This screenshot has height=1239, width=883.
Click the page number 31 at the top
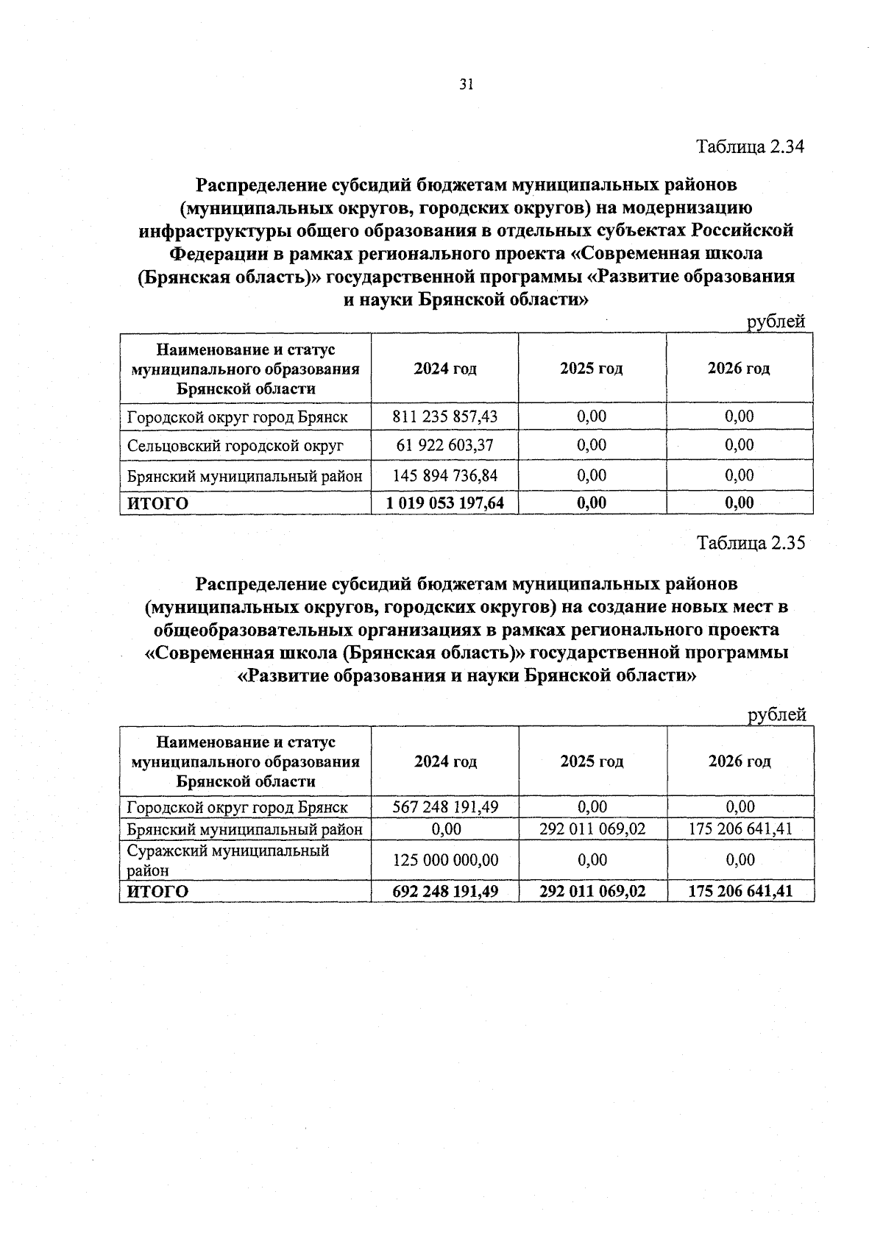point(465,84)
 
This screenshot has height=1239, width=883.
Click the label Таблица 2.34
point(751,146)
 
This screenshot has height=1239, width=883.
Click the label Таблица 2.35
point(751,543)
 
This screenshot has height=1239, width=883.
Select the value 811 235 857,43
point(445,416)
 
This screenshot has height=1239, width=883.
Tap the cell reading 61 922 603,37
point(445,445)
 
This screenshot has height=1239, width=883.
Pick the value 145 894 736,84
point(445,475)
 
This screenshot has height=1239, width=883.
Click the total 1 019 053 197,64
point(445,503)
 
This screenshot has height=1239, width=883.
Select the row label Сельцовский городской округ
point(235,446)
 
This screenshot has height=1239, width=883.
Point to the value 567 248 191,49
point(445,806)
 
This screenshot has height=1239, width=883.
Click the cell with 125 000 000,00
point(445,859)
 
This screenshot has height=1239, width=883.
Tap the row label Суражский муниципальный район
point(228,860)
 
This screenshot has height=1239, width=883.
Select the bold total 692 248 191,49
point(445,892)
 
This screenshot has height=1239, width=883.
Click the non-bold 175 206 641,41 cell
point(740,829)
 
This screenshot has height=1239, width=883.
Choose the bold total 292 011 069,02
point(592,892)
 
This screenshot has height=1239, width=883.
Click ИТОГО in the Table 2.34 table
point(157,503)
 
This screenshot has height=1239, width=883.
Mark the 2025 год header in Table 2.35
point(592,761)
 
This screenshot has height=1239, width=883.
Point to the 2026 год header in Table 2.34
point(739,368)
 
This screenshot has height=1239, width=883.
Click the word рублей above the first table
point(776,322)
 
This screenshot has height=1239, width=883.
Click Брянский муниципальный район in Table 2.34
point(244,476)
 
